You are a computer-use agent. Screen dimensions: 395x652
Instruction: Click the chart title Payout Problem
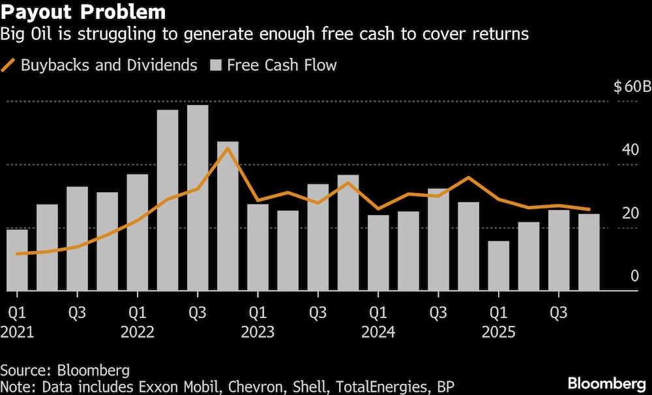83,12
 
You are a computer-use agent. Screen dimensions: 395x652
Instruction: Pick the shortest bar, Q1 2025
499,265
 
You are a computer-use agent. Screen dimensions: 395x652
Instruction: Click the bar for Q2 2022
168,199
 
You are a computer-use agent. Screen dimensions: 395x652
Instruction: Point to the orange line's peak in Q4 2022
227,149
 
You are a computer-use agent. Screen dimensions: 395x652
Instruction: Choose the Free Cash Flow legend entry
274,65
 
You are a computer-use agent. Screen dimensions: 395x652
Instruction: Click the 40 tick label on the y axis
630,149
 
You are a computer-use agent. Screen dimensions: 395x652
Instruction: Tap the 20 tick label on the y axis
630,212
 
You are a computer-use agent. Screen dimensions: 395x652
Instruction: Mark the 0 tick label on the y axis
634,276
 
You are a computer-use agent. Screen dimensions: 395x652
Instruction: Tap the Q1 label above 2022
137,313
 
